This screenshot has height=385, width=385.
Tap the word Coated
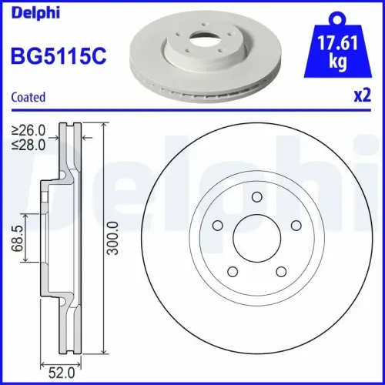coord(28,97)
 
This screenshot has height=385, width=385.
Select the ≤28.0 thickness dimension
coord(30,143)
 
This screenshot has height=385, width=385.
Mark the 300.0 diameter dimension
coord(113,239)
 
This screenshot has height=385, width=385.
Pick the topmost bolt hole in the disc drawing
coord(255,198)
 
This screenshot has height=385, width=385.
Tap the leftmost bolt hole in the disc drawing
coord(217,226)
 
